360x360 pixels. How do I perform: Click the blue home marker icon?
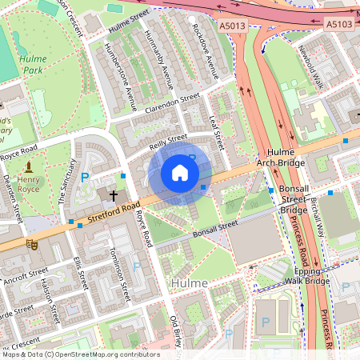[180, 173]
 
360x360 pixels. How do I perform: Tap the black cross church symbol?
[114, 194]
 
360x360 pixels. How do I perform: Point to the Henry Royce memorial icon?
[30, 166]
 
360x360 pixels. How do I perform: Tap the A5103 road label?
[340, 26]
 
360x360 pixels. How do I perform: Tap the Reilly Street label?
[168, 142]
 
